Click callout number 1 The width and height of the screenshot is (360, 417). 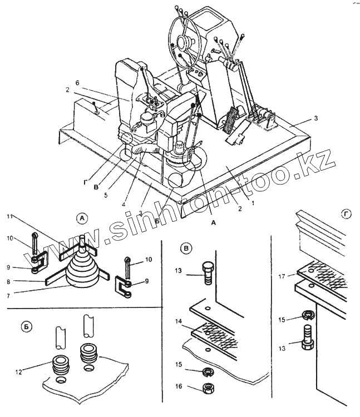253,203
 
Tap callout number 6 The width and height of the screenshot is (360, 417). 77,82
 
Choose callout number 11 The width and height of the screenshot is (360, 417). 10,216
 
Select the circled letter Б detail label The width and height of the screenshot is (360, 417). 26,326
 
